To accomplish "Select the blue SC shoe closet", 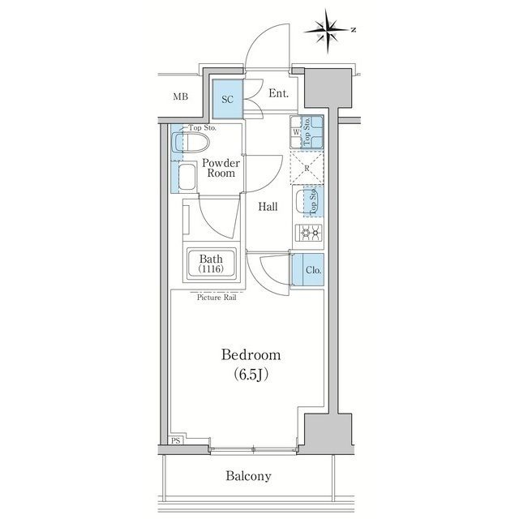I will (x=228, y=99).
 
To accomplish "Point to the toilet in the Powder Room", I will (x=193, y=144).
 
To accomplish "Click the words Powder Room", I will (x=220, y=168).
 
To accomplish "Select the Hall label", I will (x=268, y=207).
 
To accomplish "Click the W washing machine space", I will (x=297, y=131).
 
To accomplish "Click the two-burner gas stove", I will (x=309, y=235).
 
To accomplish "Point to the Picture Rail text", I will (x=216, y=297).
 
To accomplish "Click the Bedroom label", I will (x=251, y=355).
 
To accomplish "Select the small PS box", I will (x=176, y=440).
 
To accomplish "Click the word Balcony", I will (x=249, y=476).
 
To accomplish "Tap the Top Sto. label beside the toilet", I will (x=202, y=127).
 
